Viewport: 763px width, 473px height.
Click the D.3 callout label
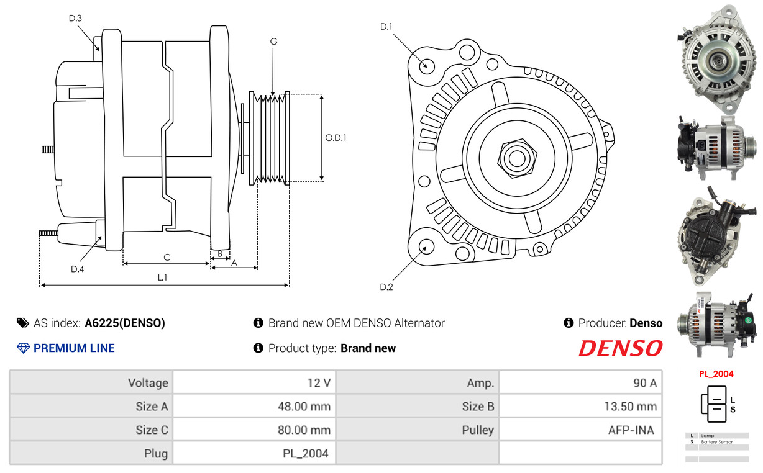pyautogui.click(x=75, y=18)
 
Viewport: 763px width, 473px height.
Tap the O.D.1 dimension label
pyautogui.click(x=336, y=138)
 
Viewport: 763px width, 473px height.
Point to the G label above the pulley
pyautogui.click(x=273, y=42)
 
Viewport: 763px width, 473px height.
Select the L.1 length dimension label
pyautogui.click(x=162, y=277)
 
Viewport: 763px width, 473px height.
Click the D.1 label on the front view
pyautogui.click(x=386, y=27)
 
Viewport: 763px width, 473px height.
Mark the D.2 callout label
pyautogui.click(x=386, y=287)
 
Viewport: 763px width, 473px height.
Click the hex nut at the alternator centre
pyautogui.click(x=517, y=158)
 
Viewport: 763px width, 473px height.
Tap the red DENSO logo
pyautogui.click(x=621, y=348)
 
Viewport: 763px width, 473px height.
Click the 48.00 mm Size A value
pyautogui.click(x=304, y=407)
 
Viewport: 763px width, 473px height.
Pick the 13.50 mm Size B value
pyautogui.click(x=631, y=407)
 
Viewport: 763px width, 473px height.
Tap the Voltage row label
pyautogui.click(x=148, y=383)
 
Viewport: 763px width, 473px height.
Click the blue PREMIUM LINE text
pyautogui.click(x=74, y=348)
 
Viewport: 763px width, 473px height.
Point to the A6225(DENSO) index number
pyautogui.click(x=125, y=323)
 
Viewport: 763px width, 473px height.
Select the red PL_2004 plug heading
pyautogui.click(x=716, y=374)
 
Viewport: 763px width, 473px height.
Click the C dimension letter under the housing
pyautogui.click(x=167, y=257)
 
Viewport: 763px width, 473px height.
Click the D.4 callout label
pyautogui.click(x=77, y=269)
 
